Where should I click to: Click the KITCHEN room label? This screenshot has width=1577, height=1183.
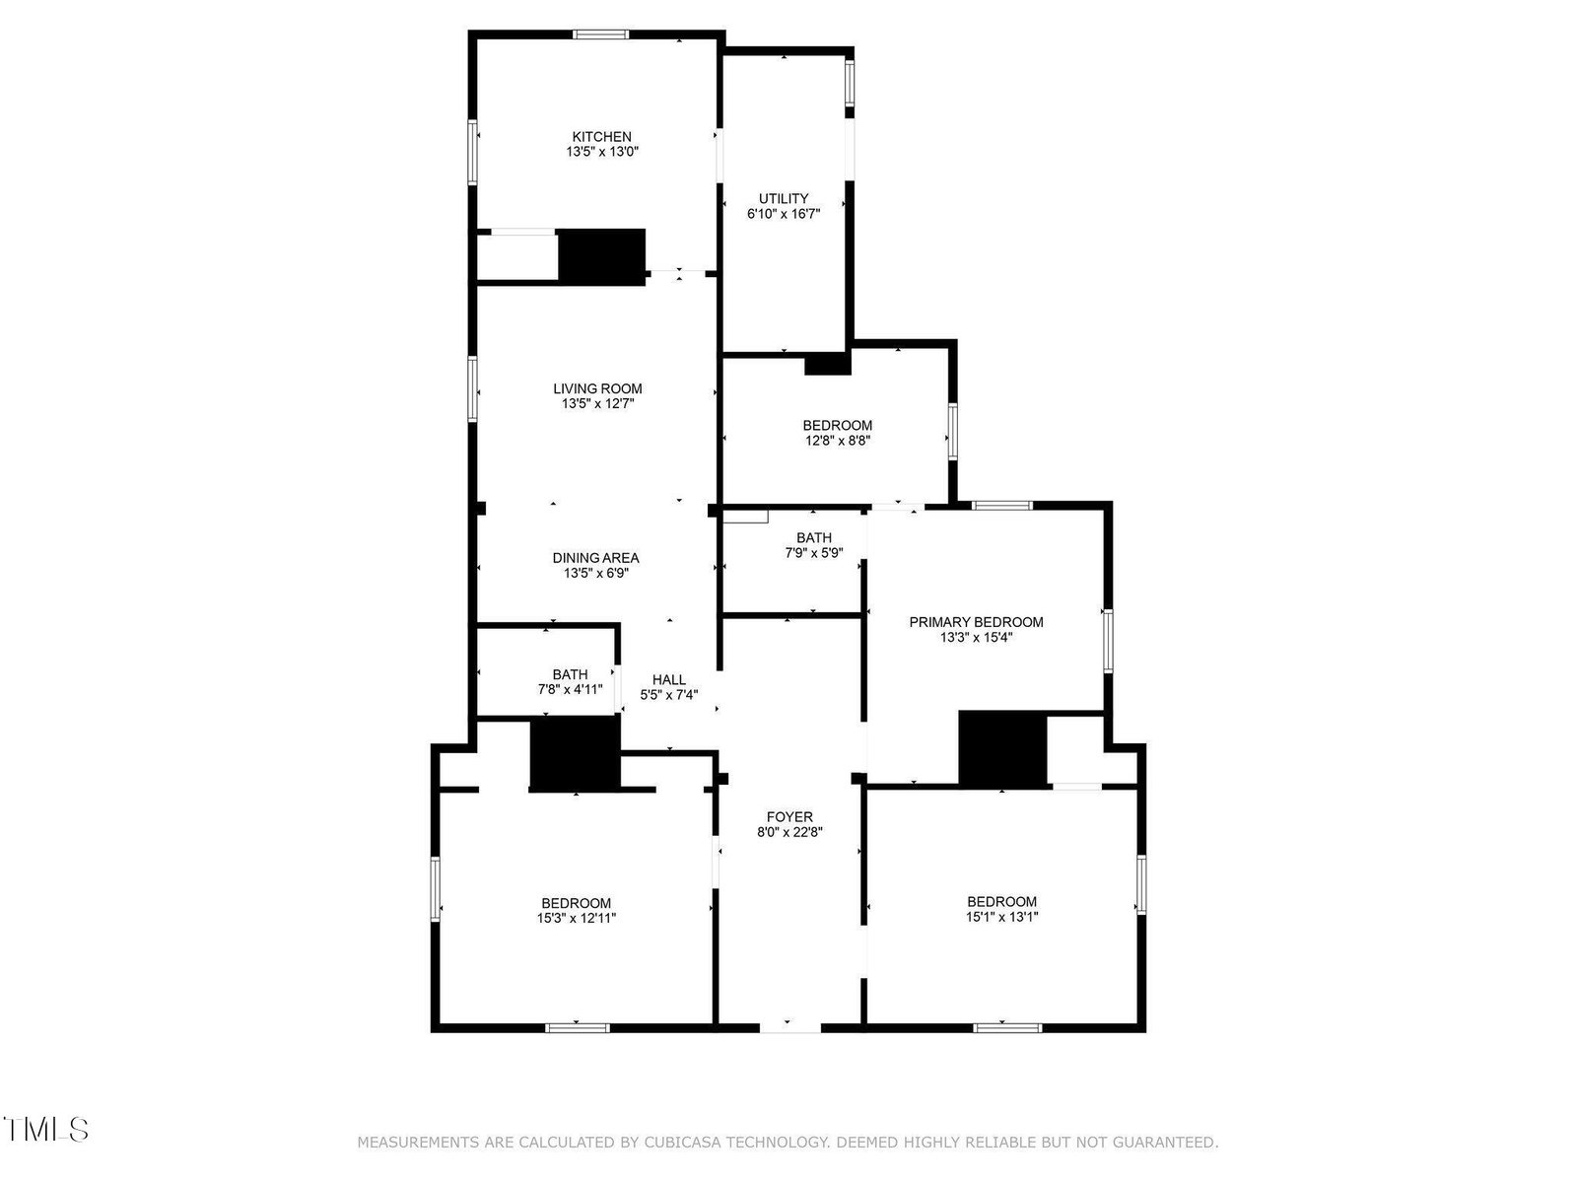pyautogui.click(x=601, y=136)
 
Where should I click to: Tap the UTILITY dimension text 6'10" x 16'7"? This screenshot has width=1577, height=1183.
pyautogui.click(x=784, y=213)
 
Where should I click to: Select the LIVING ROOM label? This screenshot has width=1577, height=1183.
pyautogui.click(x=597, y=388)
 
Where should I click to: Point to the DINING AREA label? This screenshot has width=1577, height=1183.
pyautogui.click(x=595, y=557)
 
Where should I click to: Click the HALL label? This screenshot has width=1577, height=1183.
pyautogui.click(x=669, y=679)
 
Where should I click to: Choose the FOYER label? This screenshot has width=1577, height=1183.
pyautogui.click(x=789, y=816)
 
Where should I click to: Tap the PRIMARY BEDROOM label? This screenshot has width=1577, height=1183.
pyautogui.click(x=976, y=622)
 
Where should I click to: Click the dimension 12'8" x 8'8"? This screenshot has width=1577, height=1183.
pyautogui.click(x=838, y=441)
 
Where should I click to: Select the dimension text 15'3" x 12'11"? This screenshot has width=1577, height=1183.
pyautogui.click(x=577, y=918)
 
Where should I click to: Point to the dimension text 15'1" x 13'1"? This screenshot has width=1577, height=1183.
pyautogui.click(x=1001, y=917)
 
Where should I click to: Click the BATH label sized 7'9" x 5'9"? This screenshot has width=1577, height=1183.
pyautogui.click(x=814, y=537)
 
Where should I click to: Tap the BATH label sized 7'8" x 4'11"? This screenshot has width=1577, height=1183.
pyautogui.click(x=570, y=674)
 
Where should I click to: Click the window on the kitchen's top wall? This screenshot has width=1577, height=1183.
pyautogui.click(x=600, y=35)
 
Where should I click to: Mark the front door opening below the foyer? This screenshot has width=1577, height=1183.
pyautogui.click(x=789, y=1028)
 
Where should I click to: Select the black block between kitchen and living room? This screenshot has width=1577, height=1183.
pyautogui.click(x=601, y=256)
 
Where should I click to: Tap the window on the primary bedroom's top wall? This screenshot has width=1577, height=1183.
pyautogui.click(x=1001, y=506)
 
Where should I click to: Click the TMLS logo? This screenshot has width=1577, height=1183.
pyautogui.click(x=46, y=1129)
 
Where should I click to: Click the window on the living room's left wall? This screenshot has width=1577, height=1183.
pyautogui.click(x=473, y=388)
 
